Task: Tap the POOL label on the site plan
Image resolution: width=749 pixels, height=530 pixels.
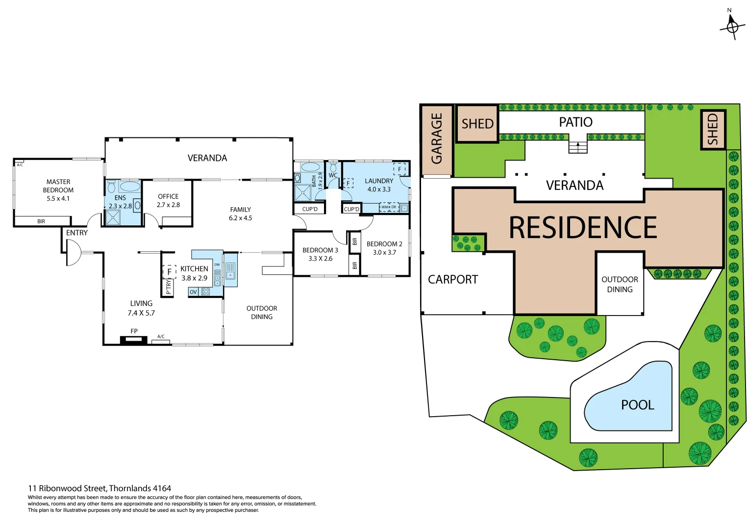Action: [x=637, y=405]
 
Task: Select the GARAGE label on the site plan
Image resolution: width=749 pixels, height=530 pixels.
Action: [x=436, y=138]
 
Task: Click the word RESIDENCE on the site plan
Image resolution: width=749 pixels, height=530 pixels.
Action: [x=583, y=228]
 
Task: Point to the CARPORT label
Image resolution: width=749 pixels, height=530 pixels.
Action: [x=452, y=280]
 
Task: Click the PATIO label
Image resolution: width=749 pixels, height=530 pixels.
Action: [x=575, y=122]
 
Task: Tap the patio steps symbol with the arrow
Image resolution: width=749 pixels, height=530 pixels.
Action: [x=577, y=147]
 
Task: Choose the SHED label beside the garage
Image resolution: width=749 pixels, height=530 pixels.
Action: [x=477, y=124]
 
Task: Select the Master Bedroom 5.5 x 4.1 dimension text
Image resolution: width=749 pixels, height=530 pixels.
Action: [x=58, y=199]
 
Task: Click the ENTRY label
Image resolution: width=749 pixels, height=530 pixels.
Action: [x=77, y=233]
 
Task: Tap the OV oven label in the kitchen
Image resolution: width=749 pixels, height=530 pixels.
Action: [x=193, y=292]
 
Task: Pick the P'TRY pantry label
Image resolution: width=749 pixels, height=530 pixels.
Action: [x=168, y=287]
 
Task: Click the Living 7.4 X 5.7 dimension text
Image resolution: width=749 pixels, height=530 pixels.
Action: [x=141, y=313]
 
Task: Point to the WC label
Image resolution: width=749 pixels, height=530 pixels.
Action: [x=333, y=175]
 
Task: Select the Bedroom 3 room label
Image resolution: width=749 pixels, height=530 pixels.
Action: [x=320, y=250]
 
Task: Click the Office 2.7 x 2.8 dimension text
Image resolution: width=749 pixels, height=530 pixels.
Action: [x=168, y=205]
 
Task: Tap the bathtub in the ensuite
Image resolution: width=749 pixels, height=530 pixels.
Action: [x=129, y=186]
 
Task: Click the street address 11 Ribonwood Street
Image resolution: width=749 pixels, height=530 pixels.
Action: [x=100, y=488]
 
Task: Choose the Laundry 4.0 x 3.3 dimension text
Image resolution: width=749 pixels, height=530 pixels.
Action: [x=379, y=189]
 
